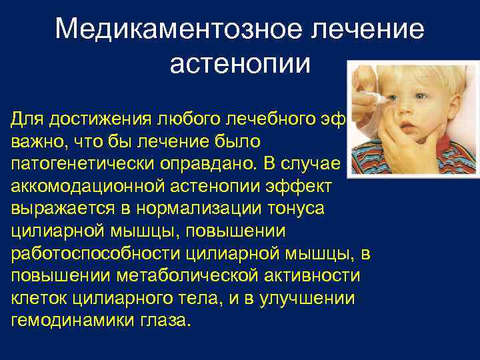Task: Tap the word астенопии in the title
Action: click(240, 64)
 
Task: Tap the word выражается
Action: click(68, 209)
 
